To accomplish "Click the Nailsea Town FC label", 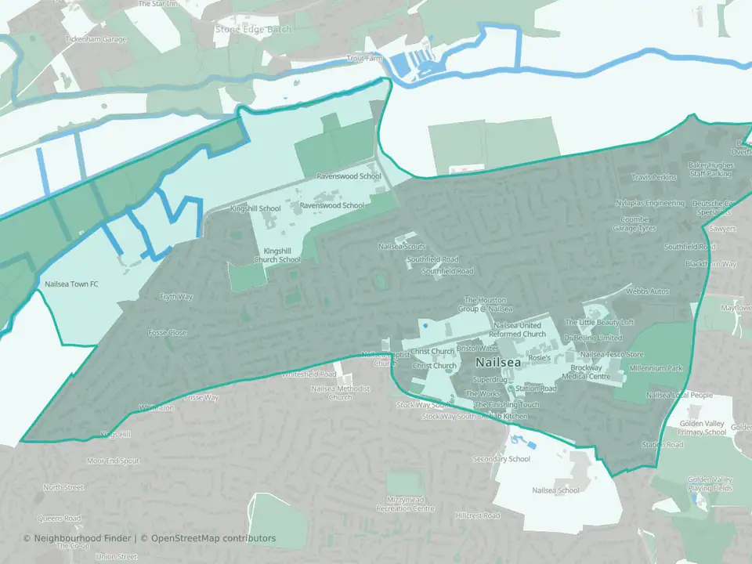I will coord(71,284).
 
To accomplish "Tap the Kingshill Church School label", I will coord(277,255).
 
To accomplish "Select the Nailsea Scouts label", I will coord(402,246).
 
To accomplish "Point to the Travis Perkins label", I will coord(653,177).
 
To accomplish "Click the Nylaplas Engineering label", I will coord(649,203).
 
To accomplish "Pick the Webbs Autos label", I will coord(648,291).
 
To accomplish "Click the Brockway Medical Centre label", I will coord(591,372).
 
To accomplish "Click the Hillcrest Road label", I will coord(479,515).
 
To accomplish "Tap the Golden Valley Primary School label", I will coord(703,427).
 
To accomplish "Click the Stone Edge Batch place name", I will coord(253,30).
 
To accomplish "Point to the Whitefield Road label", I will coord(309,374).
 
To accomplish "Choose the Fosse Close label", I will coord(168,333).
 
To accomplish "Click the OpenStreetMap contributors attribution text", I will coord(213,538).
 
